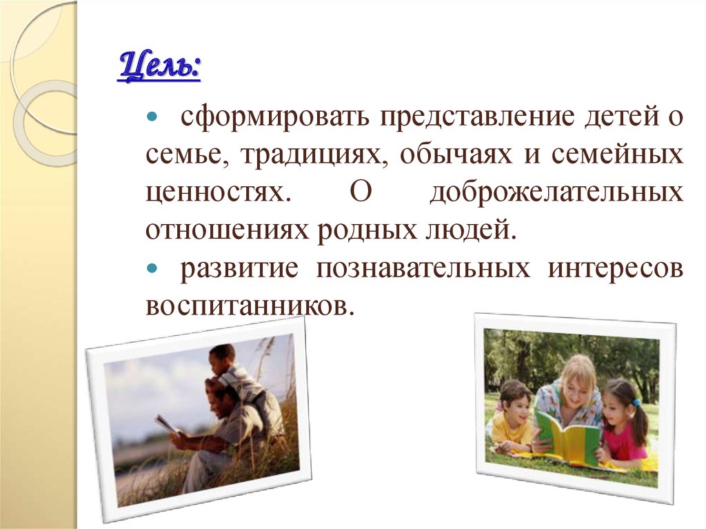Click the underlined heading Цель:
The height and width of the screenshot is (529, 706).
159,68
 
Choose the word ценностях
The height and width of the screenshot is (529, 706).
215,192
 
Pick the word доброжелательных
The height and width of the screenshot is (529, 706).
556,192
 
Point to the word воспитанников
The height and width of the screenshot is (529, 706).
249,305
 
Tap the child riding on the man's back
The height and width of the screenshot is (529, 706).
238,376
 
